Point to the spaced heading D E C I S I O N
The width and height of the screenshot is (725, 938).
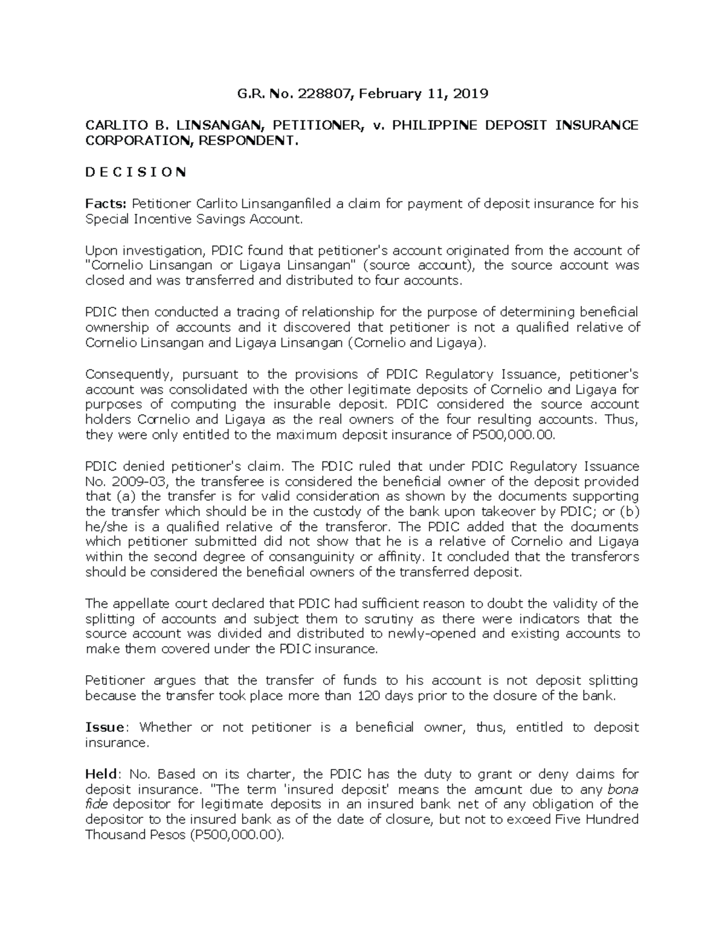coord(136,172)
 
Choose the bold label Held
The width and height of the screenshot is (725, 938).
coord(103,774)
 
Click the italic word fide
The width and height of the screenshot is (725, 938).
coord(97,805)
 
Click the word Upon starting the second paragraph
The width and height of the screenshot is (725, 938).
coord(100,251)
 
